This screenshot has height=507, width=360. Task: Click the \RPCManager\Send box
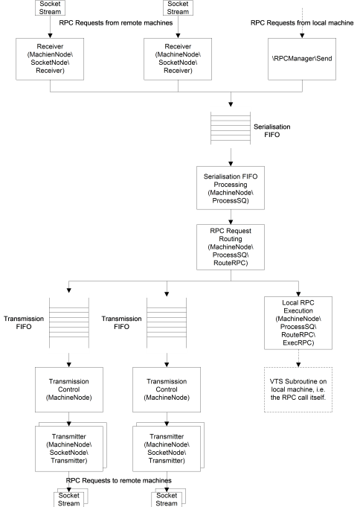[302, 59]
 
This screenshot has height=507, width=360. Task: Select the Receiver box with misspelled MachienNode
[50, 59]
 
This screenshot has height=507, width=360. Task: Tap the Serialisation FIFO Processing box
[231, 188]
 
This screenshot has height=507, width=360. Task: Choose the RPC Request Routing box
[231, 247]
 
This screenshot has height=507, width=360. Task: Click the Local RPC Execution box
[298, 323]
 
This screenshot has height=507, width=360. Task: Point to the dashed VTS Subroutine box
[298, 389]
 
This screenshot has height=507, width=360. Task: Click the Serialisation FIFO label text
[271, 130]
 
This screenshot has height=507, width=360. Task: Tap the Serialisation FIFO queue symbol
[231, 128]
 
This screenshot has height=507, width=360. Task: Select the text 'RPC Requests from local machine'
[302, 23]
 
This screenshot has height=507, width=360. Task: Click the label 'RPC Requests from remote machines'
[116, 23]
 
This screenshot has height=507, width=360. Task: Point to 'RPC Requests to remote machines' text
[118, 480]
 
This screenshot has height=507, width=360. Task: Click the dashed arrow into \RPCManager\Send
[302, 23]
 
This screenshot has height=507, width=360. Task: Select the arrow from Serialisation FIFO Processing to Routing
[231, 217]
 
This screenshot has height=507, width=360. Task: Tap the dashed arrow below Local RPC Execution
[298, 358]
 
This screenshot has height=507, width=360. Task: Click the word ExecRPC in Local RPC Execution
[298, 342]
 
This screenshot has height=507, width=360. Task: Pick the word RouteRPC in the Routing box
[231, 263]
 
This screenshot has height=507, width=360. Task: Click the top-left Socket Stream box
[50, 7]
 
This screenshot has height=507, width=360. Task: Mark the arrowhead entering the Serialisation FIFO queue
[231, 104]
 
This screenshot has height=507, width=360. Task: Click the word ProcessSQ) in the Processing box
[231, 200]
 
